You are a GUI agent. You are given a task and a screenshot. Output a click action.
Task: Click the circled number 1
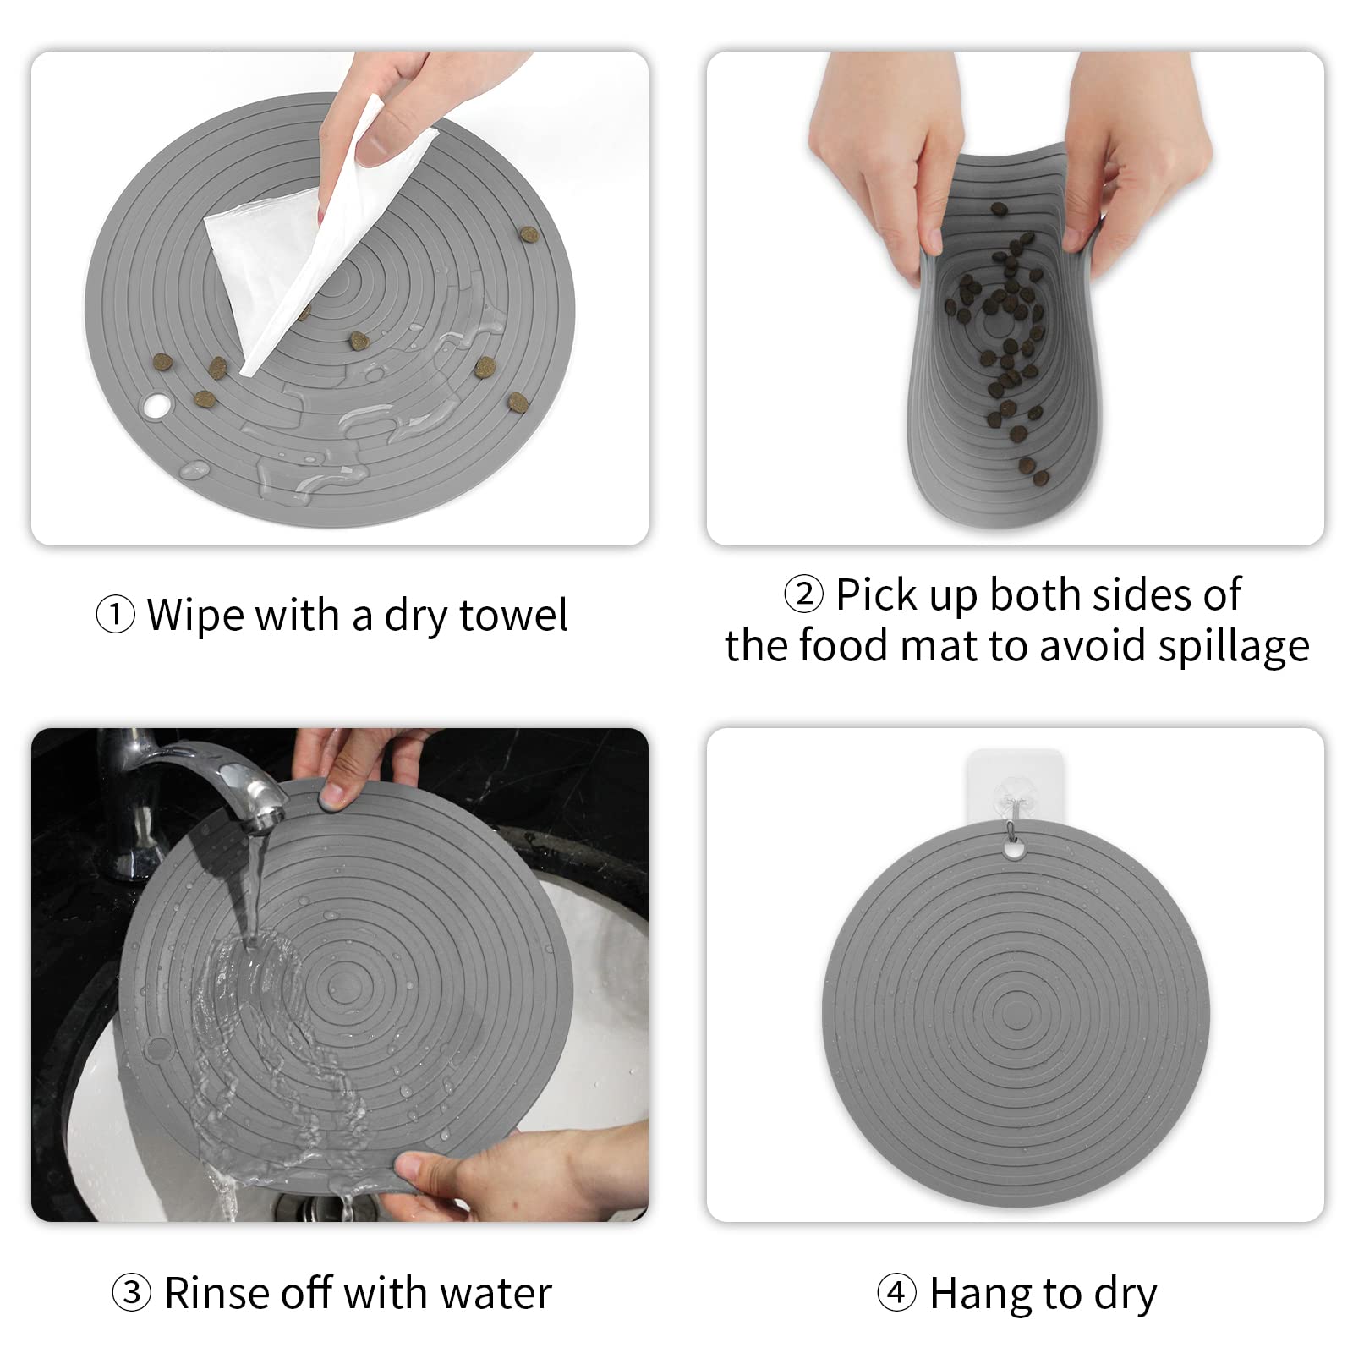click(114, 615)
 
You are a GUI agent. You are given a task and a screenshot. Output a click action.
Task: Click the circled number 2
click(803, 594)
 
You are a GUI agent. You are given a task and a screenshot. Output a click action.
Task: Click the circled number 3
click(132, 1293)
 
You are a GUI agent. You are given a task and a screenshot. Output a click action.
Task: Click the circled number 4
click(896, 1293)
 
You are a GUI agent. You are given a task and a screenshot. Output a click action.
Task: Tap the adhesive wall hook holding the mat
click(1003, 795)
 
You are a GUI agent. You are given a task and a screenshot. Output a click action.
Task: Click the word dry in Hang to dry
click(1125, 1295)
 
